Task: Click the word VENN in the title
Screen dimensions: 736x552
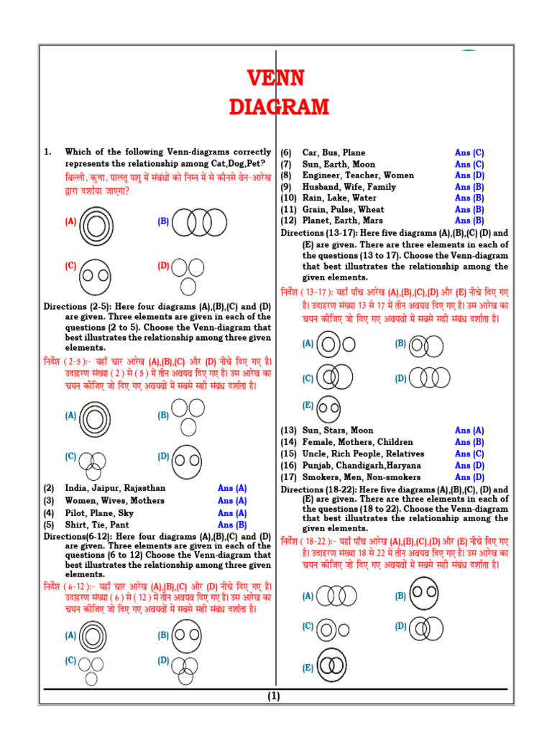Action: (x=276, y=78)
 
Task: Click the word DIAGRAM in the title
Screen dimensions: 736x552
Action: (x=279, y=108)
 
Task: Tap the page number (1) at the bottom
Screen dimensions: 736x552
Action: (x=275, y=696)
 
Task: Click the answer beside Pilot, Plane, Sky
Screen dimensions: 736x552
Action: (x=232, y=513)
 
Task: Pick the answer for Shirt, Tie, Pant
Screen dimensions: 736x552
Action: (x=232, y=525)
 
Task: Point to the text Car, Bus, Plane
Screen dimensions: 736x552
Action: (x=333, y=152)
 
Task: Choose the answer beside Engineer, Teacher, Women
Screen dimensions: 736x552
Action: (x=469, y=175)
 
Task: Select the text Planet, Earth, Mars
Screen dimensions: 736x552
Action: (x=342, y=221)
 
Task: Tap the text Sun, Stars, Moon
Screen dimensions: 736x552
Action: (x=337, y=431)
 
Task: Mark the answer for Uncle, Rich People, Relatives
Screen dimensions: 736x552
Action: (x=469, y=454)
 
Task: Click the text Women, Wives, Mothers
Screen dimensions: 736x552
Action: (x=114, y=500)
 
